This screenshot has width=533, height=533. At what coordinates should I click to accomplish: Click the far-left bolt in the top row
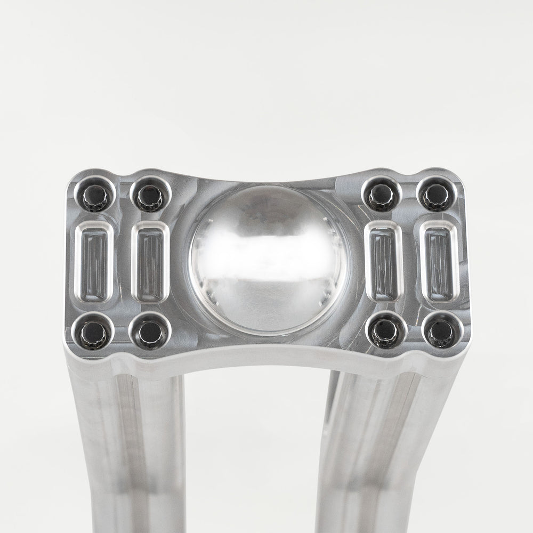pyautogui.click(x=95, y=196)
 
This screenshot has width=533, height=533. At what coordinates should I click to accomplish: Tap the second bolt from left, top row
pyautogui.click(x=150, y=196)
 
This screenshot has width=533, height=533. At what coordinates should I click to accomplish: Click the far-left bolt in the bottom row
pyautogui.click(x=94, y=332)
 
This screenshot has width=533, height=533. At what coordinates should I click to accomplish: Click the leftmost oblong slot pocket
pyautogui.click(x=94, y=261)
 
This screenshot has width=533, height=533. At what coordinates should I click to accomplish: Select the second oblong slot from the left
pyautogui.click(x=150, y=262)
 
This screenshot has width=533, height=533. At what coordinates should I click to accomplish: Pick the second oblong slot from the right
pyautogui.click(x=384, y=261)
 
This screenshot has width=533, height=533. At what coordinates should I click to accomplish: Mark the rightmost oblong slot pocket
pyautogui.click(x=439, y=261)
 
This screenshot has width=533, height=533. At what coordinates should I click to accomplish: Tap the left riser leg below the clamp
pyautogui.click(x=128, y=453)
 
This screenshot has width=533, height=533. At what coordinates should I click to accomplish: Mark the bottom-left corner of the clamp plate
pyautogui.click(x=69, y=349)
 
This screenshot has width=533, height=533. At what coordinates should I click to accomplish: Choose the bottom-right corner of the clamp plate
pyautogui.click(x=467, y=349)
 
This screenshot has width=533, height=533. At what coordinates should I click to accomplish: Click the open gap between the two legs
pyautogui.click(x=256, y=453)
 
